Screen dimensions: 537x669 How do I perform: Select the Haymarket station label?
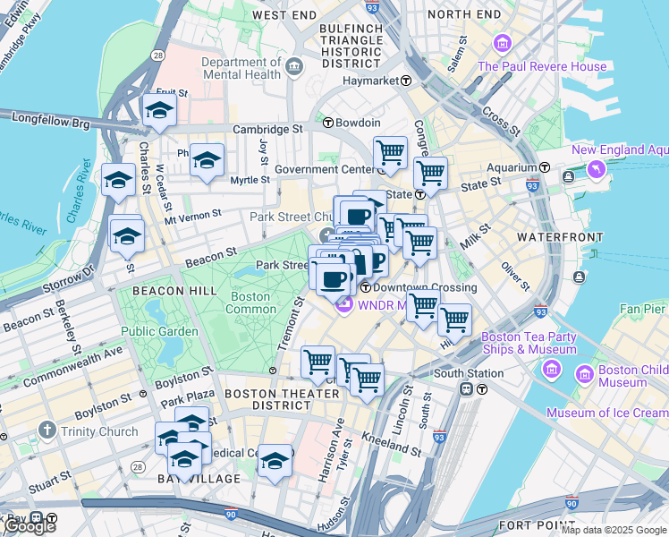[373, 81]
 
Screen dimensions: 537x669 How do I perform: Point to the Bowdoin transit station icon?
[328, 123]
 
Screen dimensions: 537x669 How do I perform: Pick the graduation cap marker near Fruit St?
[158, 111]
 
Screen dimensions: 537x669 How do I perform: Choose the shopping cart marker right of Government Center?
[390, 154]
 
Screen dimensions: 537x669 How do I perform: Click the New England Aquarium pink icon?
[595, 169]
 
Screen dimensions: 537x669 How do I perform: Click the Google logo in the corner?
[29, 526]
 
